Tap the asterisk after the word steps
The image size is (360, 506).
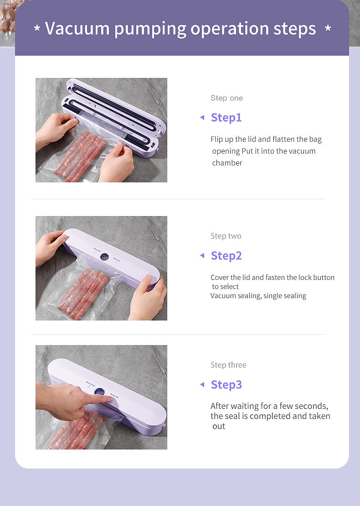328,29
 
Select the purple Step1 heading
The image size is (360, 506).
226,118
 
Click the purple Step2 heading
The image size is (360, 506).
226,256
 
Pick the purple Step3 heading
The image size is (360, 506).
226,385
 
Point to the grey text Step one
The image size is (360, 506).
226,98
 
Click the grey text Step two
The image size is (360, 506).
226,236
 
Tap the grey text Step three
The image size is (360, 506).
228,365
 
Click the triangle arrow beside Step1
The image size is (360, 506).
202,118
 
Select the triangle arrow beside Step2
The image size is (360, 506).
202,256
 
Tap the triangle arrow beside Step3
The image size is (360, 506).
202,385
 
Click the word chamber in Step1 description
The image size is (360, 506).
227,163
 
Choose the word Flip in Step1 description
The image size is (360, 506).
217,139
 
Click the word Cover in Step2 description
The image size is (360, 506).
220,277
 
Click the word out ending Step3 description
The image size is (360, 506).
219,426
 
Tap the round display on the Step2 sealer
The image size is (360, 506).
104,257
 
